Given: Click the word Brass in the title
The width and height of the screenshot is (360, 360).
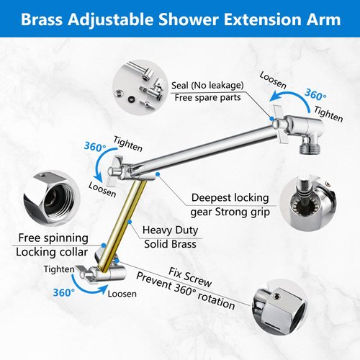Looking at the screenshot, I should point(44,19).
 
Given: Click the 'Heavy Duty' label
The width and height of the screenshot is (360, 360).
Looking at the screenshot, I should point(170,230).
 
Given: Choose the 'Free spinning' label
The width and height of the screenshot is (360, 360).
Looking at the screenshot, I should point(52,238).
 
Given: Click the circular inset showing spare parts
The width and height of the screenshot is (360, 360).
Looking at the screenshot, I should point(137,87).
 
